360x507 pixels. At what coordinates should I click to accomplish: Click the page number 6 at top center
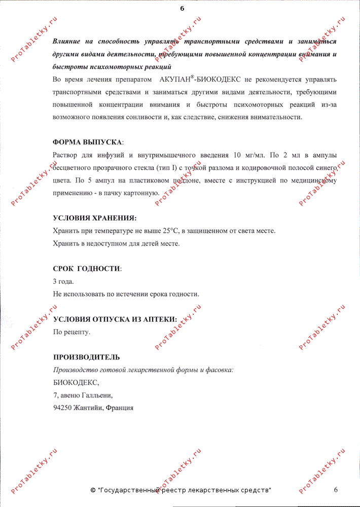point(182,8)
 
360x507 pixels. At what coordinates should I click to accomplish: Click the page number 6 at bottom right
point(336,489)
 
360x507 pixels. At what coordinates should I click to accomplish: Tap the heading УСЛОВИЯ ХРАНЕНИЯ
point(94,218)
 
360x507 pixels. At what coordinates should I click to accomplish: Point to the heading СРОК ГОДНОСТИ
point(87,269)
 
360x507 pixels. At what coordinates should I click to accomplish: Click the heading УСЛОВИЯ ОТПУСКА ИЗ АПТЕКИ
point(115,319)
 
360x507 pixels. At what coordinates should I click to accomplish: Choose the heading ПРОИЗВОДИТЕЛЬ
point(86,357)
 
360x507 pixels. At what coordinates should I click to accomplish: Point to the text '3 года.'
point(63,281)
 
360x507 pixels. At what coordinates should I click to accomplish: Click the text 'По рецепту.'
point(71,332)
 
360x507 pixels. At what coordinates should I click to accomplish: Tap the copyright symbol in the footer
point(93,490)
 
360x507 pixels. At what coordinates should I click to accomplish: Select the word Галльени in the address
point(96,395)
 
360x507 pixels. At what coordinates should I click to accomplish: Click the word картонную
point(143,193)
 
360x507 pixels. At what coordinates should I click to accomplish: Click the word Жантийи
point(88,408)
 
